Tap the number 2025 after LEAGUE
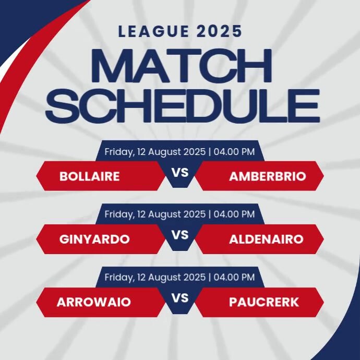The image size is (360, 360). [x=220, y=31]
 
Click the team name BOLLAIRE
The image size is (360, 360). [x=90, y=176]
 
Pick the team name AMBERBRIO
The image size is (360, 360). [x=267, y=176]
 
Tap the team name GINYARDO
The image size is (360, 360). [x=94, y=239]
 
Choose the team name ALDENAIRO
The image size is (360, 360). [x=266, y=239]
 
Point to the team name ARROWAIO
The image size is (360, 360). [x=94, y=302]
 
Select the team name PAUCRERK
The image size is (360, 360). [x=264, y=302]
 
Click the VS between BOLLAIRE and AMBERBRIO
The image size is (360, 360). [x=180, y=172]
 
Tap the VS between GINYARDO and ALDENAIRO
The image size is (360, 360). [x=180, y=235]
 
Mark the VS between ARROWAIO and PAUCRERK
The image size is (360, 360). [x=180, y=298]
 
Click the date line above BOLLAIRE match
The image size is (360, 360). [x=179, y=152]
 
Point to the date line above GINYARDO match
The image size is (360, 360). [x=179, y=214]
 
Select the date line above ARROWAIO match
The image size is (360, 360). [x=179, y=277]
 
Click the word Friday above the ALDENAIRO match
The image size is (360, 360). [x=118, y=214]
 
